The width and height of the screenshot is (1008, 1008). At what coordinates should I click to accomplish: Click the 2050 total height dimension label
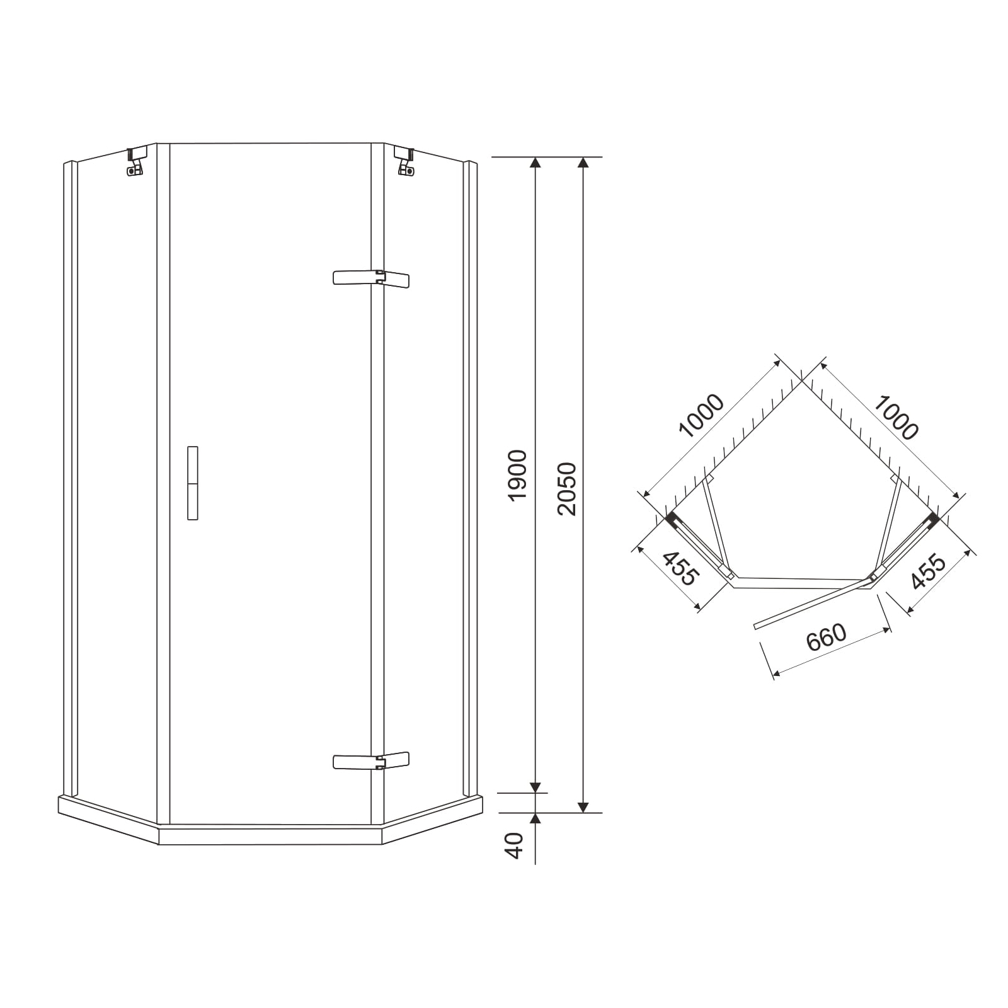pyautogui.click(x=567, y=489)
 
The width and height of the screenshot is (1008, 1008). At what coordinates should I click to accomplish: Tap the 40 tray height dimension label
pyautogui.click(x=515, y=845)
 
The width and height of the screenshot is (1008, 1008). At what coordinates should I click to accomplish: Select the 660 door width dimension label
pyautogui.click(x=826, y=638)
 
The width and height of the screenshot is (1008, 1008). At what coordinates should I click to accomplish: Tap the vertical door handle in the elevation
pyautogui.click(x=193, y=483)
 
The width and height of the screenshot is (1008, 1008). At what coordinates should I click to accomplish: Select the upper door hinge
pyautogui.click(x=371, y=278)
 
